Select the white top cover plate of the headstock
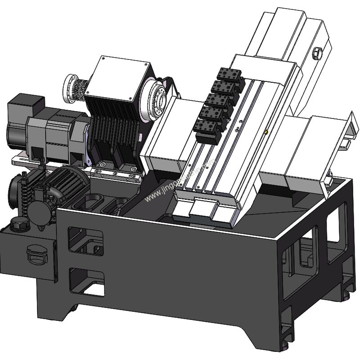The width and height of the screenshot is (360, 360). pos(118,81)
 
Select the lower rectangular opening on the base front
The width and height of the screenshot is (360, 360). pos(88,281)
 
